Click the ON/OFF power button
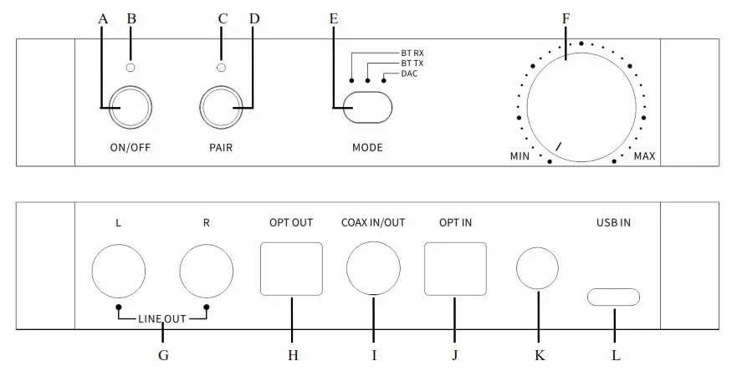click(x=130, y=108)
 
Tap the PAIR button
click(x=221, y=108)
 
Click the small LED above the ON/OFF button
click(x=130, y=67)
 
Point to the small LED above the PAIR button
click(x=221, y=67)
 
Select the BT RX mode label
click(x=412, y=53)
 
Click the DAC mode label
click(x=409, y=74)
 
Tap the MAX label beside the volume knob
click(x=644, y=156)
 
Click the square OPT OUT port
click(x=291, y=268)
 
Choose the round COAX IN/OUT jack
click(x=374, y=268)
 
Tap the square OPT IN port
click(x=455, y=268)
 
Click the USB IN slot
click(x=615, y=297)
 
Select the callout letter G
click(x=163, y=355)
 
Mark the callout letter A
click(x=103, y=17)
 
